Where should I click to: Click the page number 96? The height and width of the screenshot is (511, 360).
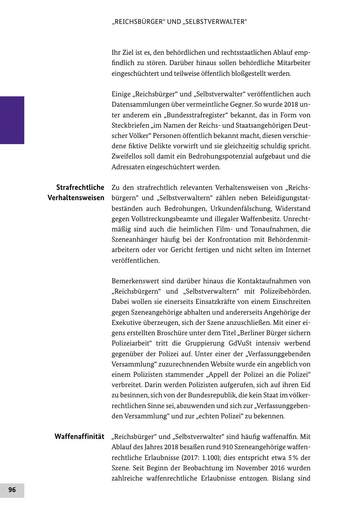tap(12, 490)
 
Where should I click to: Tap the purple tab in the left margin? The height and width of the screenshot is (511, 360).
tap(12, 120)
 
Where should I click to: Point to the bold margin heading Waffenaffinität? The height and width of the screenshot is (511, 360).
tap(79, 436)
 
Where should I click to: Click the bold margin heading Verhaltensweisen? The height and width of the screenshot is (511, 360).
tap(76, 198)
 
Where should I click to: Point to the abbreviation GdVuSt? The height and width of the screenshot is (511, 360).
tap(240, 343)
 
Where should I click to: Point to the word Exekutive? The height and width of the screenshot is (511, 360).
tap(126, 323)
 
